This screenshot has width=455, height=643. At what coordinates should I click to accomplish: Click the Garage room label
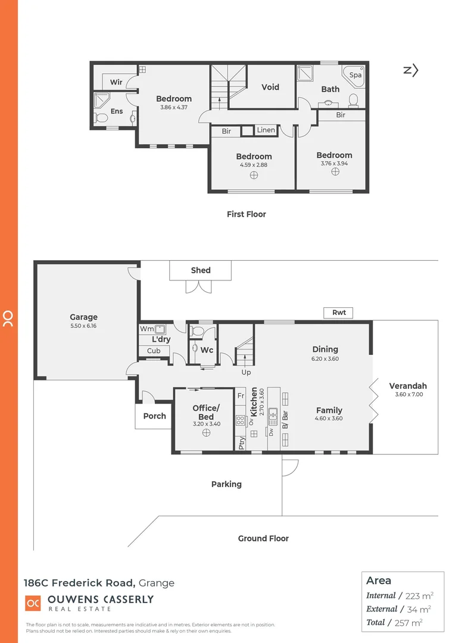click(x=83, y=317)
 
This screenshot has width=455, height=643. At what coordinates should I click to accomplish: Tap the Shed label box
click(x=201, y=270)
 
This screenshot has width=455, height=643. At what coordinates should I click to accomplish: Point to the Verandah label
click(x=408, y=386)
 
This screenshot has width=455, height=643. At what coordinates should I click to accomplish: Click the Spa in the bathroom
click(x=356, y=76)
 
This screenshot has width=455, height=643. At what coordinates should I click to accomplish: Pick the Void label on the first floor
click(x=270, y=87)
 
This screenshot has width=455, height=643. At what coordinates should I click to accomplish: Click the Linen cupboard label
click(x=266, y=130)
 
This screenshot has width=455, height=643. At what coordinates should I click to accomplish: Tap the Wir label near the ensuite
click(x=116, y=82)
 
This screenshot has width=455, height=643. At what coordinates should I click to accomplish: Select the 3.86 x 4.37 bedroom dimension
click(x=174, y=108)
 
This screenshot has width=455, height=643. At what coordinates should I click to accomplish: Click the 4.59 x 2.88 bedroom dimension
click(x=254, y=165)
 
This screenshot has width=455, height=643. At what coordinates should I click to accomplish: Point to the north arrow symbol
click(x=411, y=70)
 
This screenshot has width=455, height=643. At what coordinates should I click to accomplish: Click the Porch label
click(x=155, y=416)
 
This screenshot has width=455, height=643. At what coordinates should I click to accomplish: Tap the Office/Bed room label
click(x=206, y=412)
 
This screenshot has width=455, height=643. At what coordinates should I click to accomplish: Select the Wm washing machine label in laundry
click(x=145, y=329)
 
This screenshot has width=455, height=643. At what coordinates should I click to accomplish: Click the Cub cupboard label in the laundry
click(x=154, y=351)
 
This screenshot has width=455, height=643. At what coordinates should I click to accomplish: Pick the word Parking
click(x=226, y=484)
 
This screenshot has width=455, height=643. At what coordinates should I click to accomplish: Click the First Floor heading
click(x=246, y=214)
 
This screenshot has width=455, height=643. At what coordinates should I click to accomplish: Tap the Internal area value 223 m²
click(x=419, y=595)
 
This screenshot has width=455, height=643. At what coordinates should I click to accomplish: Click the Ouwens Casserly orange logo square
click(x=33, y=603)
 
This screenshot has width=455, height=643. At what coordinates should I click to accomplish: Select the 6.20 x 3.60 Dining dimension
click(x=325, y=359)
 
